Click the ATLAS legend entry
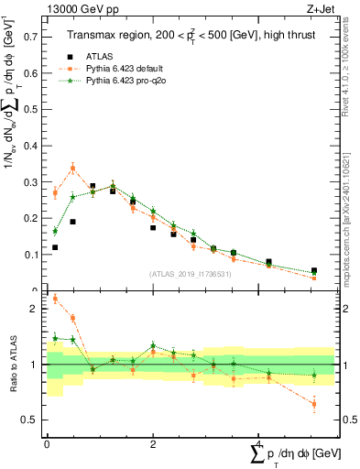[101, 56]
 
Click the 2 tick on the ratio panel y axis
[37, 309]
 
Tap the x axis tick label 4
[257, 443]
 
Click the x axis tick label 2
[152, 443]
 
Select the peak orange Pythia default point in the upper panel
[72, 169]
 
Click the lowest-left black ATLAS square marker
[55, 247]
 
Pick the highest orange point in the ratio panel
[55, 298]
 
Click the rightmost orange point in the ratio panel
[314, 404]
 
